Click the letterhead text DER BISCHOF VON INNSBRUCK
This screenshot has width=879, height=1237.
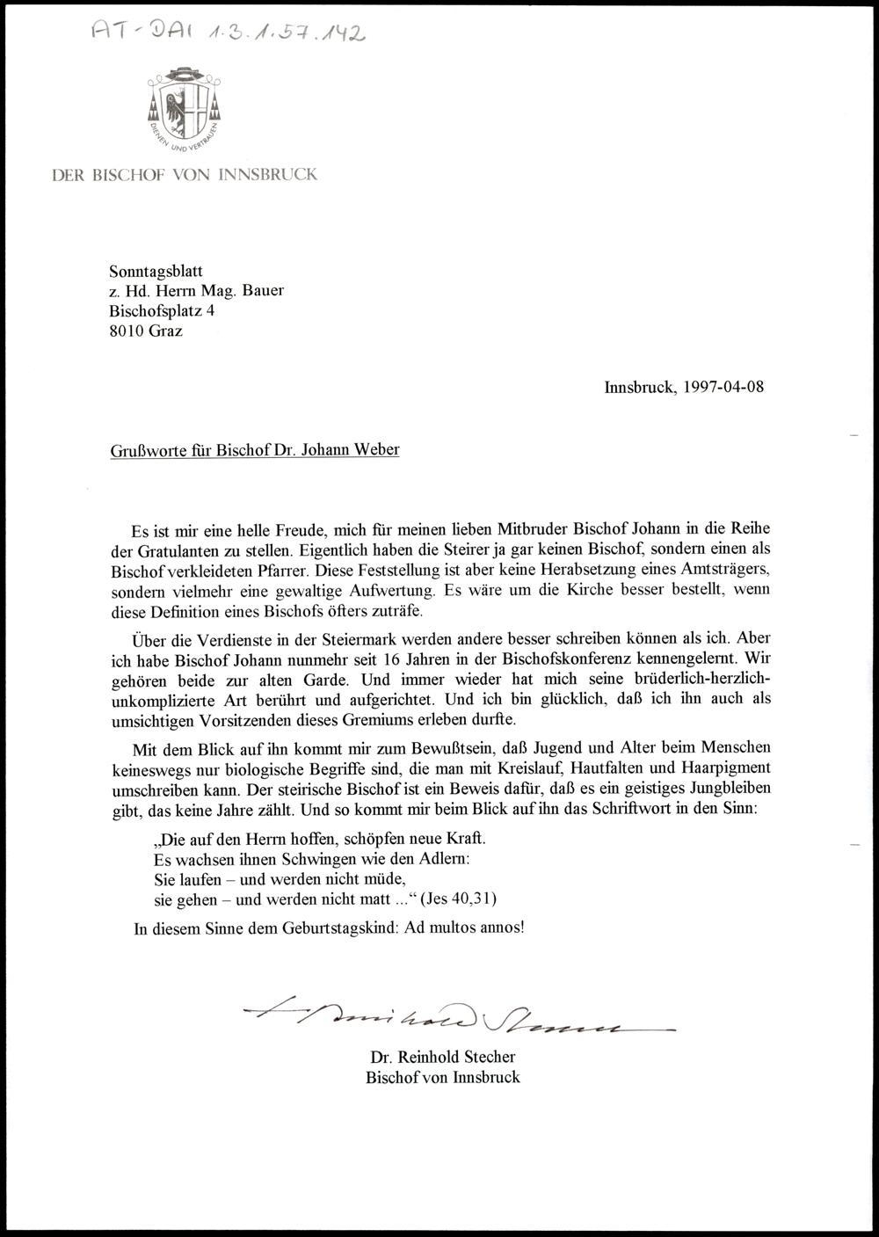point(184,174)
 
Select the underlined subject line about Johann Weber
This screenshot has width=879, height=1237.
point(254,450)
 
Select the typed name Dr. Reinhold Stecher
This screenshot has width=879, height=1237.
point(443,1057)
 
